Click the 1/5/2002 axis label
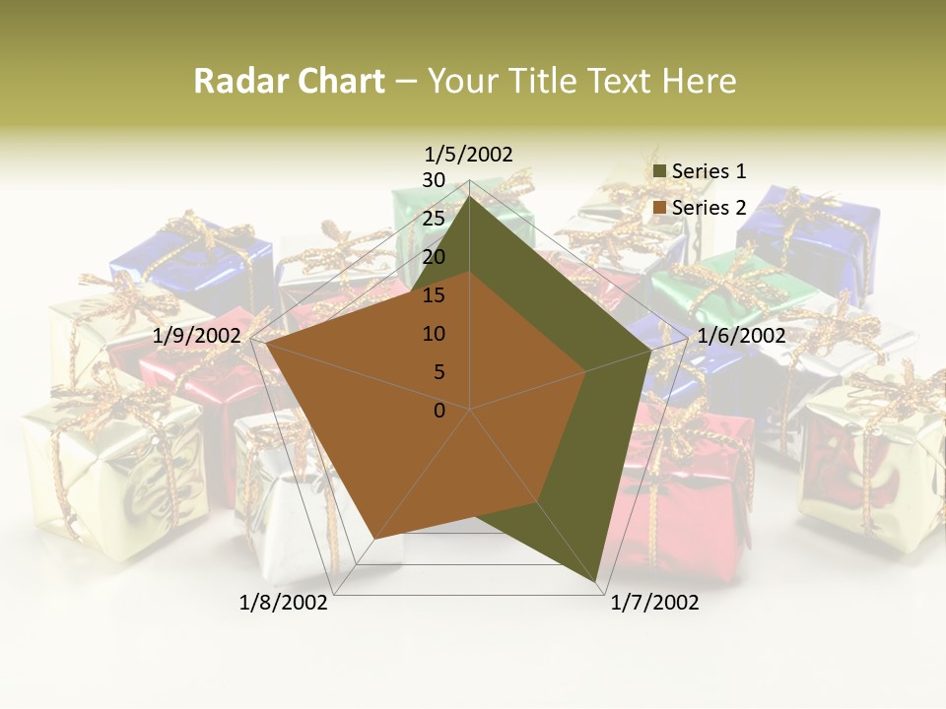point(469,154)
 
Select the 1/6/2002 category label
point(741,336)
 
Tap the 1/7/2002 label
point(654,603)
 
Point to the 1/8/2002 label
point(284,603)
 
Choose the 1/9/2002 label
point(197,336)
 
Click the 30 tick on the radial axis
point(434,180)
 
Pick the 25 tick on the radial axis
point(434,219)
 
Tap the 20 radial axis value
point(434,257)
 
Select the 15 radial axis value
point(434,295)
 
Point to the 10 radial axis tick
point(434,334)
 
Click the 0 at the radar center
point(439,411)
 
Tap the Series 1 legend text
point(709,171)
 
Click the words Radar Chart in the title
point(289,81)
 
